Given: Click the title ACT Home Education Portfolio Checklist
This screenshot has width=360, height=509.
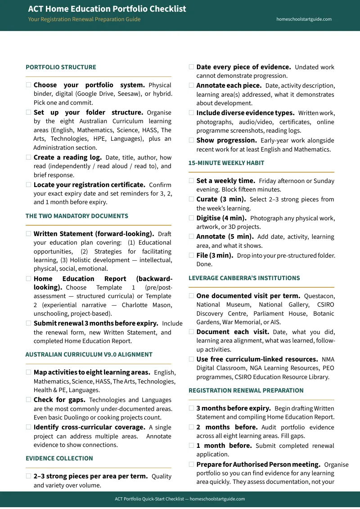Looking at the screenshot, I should click(x=107, y=9).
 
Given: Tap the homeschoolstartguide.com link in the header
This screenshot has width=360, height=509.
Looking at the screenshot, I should click(x=304, y=19).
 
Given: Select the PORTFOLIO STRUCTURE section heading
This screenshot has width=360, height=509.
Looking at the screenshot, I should click(x=61, y=67).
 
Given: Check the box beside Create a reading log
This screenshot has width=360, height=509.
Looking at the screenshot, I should click(x=29, y=157).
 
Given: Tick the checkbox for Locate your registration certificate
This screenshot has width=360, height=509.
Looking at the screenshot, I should click(x=29, y=184).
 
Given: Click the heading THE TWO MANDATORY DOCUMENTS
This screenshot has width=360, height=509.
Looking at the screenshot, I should click(x=76, y=216).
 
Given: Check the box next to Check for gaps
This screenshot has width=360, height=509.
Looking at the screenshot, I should click(x=29, y=400).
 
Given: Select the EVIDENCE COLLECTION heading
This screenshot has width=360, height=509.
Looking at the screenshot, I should click(x=59, y=459).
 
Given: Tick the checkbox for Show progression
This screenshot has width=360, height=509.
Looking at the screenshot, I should click(x=192, y=140).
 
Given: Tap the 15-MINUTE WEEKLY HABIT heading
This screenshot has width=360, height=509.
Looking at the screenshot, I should click(x=226, y=163).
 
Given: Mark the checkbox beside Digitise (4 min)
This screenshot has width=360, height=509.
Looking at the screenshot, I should click(x=192, y=218).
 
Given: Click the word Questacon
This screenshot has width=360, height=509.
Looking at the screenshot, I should click(x=319, y=296).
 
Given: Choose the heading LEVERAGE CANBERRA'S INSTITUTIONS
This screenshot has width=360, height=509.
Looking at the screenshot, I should click(x=244, y=278).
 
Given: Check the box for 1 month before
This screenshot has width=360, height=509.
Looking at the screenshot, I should click(x=192, y=446).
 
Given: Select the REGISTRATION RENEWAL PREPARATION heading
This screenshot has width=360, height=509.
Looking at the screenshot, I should click(x=246, y=391).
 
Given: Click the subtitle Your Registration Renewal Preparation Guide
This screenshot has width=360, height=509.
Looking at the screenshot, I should click(x=84, y=19).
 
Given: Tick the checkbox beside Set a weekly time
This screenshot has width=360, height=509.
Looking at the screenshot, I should click(x=192, y=181).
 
